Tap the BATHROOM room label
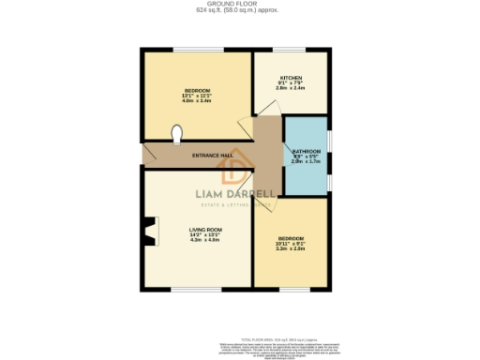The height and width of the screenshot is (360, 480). tap(307, 151)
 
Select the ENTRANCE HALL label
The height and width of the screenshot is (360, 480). tap(213, 156)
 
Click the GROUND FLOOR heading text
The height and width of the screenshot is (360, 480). tap(239, 4)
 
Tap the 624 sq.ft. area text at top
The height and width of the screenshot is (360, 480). tap(239, 10)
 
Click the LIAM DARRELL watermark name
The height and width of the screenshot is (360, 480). tap(234, 196)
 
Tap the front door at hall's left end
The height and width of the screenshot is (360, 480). tap(143, 155)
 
